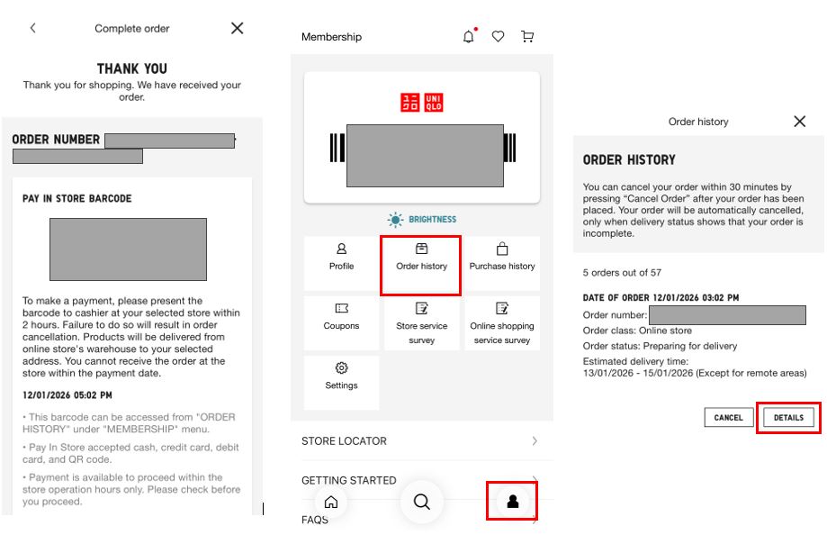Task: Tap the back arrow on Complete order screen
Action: pyautogui.click(x=32, y=28)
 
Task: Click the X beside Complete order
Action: pyautogui.click(x=238, y=28)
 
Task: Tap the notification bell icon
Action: pyautogui.click(x=469, y=36)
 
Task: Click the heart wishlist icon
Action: pyautogui.click(x=498, y=36)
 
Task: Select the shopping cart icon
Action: pyautogui.click(x=527, y=36)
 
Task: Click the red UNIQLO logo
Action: pyautogui.click(x=422, y=103)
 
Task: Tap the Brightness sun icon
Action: pyautogui.click(x=395, y=220)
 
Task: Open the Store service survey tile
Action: pyautogui.click(x=421, y=323)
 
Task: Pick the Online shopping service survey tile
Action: pyautogui.click(x=502, y=323)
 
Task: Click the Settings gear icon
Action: pyautogui.click(x=341, y=367)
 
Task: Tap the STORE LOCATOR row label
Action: pyautogui.click(x=344, y=441)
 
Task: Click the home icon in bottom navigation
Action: pyautogui.click(x=331, y=502)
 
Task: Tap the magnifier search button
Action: pyautogui.click(x=421, y=502)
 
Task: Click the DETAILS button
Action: pyautogui.click(x=788, y=417)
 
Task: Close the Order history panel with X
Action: pyautogui.click(x=800, y=122)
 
